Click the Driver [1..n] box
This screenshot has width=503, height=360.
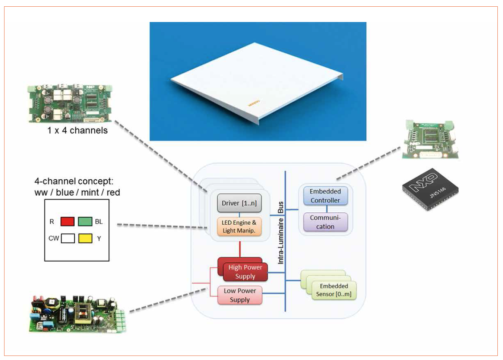[239, 203]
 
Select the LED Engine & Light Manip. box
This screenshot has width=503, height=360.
[239, 227]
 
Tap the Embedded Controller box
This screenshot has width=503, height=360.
[325, 196]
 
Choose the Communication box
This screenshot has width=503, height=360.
[325, 222]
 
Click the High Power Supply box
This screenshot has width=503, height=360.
[245, 272]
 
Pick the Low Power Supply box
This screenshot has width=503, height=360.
[240, 295]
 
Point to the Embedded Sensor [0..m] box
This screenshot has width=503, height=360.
[333, 290]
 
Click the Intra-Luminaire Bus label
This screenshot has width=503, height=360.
[281, 233]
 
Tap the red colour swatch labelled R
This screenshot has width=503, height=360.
[67, 222]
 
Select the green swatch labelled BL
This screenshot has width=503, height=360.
[85, 222]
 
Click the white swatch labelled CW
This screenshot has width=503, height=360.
[68, 239]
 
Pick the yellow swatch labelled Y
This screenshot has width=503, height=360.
[85, 239]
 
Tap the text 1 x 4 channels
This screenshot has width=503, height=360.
[77, 130]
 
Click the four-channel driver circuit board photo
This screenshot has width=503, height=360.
[70, 104]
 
